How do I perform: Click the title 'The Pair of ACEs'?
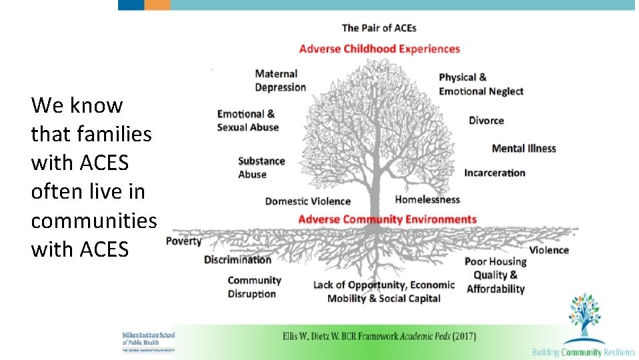pyautogui.click(x=379, y=28)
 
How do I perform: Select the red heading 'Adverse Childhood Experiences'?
pyautogui.click(x=380, y=49)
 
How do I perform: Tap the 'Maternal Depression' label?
pyautogui.click(x=280, y=81)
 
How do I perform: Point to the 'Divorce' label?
pyautogui.click(x=486, y=121)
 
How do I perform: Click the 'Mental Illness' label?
pyautogui.click(x=524, y=149)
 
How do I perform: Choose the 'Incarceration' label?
pyautogui.click(x=495, y=173)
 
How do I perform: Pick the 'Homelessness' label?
pyautogui.click(x=428, y=199)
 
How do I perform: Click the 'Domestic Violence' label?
pyautogui.click(x=307, y=201)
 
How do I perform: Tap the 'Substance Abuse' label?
pyautogui.click(x=261, y=168)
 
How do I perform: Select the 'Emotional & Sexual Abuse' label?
pyautogui.click(x=247, y=121)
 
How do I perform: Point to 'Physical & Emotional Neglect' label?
pyautogui.click(x=481, y=85)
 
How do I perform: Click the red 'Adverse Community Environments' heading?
pyautogui.click(x=387, y=219)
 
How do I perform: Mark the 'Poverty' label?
pyautogui.click(x=183, y=241)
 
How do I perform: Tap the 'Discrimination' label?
pyautogui.click(x=237, y=259)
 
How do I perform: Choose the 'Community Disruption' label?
pyautogui.click(x=254, y=287)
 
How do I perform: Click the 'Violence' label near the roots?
pyautogui.click(x=549, y=251)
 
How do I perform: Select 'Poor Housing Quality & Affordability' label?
pyautogui.click(x=496, y=275)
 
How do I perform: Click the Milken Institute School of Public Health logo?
pyautogui.click(x=148, y=341)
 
